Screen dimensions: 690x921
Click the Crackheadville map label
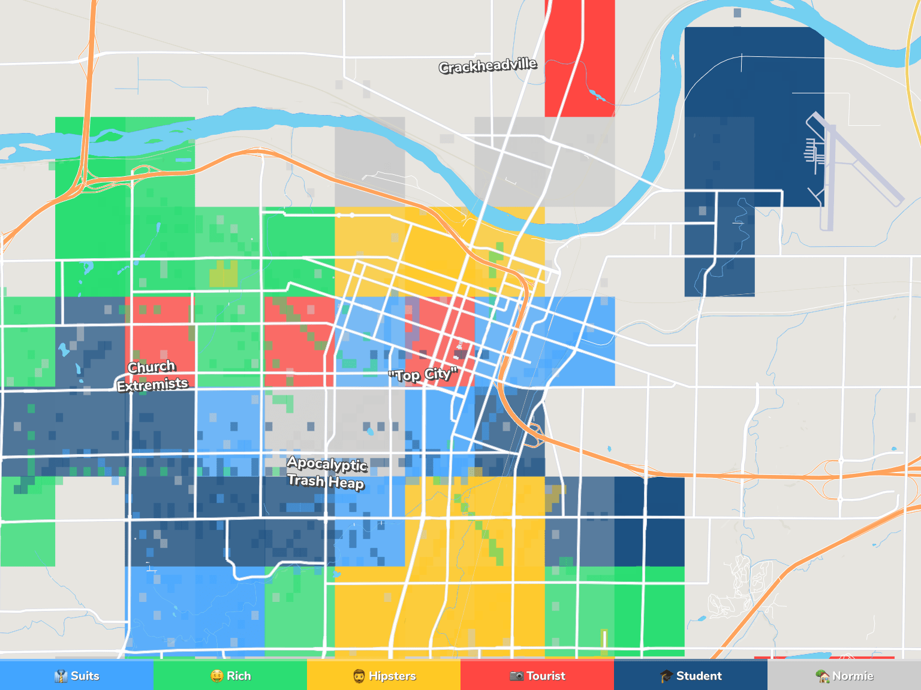(x=487, y=65)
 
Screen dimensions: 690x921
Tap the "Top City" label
(x=423, y=375)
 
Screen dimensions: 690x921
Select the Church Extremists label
(x=152, y=376)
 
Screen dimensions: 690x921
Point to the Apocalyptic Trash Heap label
(x=326, y=472)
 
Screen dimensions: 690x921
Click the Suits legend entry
(x=77, y=676)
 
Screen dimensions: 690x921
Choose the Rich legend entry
(x=230, y=676)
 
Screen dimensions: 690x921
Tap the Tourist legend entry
(x=537, y=676)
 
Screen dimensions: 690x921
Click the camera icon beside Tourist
(x=516, y=676)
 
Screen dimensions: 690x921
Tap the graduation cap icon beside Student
(x=666, y=676)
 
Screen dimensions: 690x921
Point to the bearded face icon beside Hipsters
(x=359, y=676)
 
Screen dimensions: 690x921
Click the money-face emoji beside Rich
(x=216, y=676)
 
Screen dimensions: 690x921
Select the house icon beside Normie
(x=823, y=676)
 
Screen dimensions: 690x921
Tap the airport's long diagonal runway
(x=863, y=162)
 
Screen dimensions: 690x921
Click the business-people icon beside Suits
(x=61, y=676)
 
